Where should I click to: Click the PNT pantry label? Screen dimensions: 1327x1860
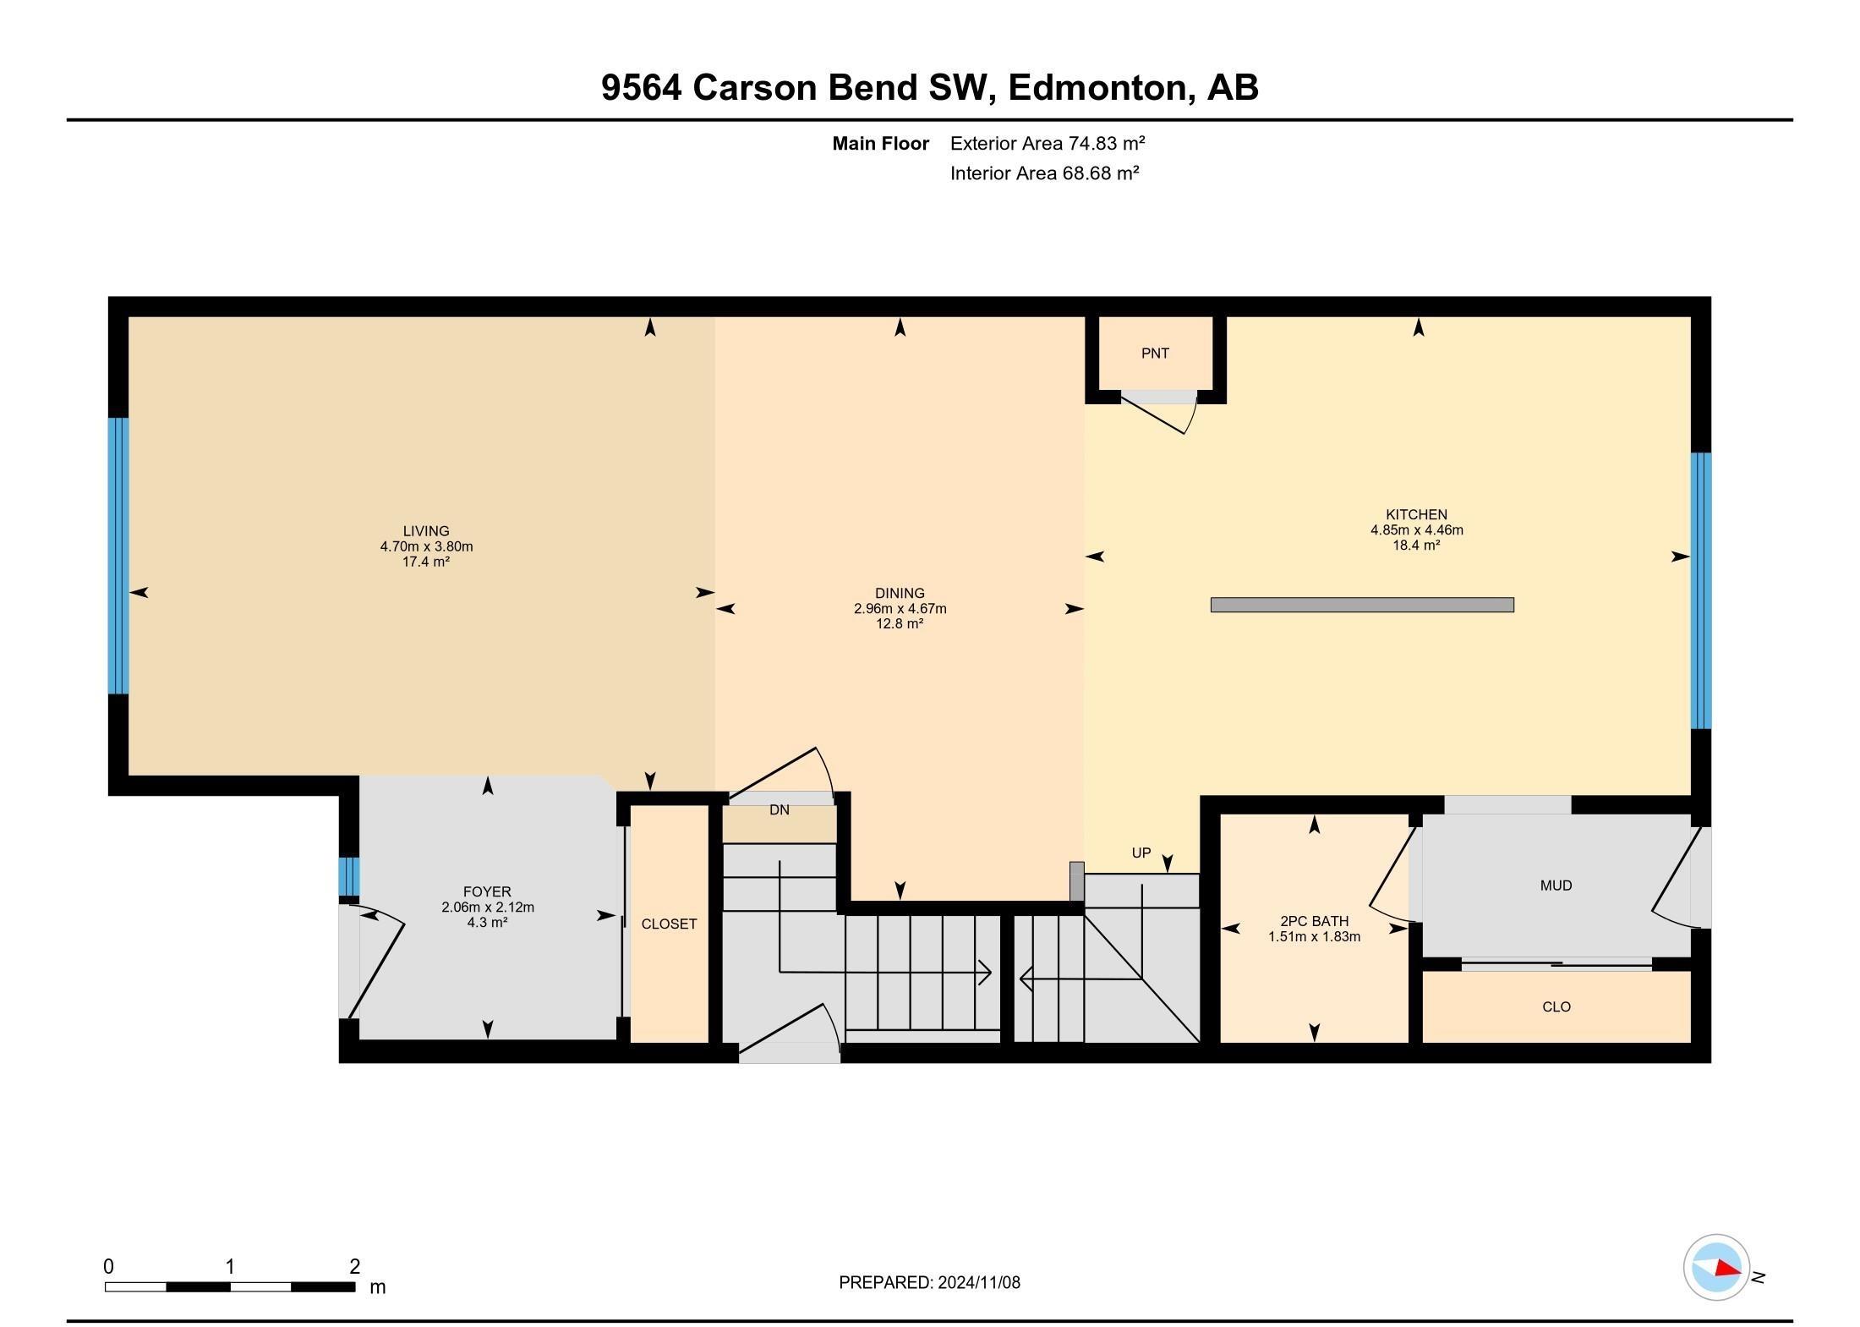click(1155, 354)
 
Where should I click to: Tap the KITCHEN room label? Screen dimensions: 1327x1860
click(1416, 514)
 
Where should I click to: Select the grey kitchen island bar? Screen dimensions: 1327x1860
click(1362, 605)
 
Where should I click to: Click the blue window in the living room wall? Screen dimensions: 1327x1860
click(118, 556)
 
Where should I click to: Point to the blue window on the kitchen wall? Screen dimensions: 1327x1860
click(1700, 590)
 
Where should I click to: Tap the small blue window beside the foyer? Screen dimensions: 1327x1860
click(348, 876)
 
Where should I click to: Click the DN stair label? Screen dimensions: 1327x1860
click(779, 810)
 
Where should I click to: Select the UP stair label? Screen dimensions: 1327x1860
click(1141, 853)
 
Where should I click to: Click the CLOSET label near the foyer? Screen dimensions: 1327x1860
click(669, 924)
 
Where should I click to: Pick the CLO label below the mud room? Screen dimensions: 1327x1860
click(1556, 1006)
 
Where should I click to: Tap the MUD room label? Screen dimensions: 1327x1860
click(1556, 886)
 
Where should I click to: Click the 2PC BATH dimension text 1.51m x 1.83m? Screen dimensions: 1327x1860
click(1314, 936)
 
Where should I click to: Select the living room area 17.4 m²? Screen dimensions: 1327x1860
click(425, 562)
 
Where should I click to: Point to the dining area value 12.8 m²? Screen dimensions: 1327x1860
click(900, 624)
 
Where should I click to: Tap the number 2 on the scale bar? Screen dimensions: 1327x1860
click(355, 1266)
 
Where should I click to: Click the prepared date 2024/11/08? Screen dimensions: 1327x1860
click(978, 1282)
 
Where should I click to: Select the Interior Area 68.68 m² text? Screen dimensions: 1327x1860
click(1044, 173)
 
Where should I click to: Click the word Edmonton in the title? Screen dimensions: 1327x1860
click(1098, 87)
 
